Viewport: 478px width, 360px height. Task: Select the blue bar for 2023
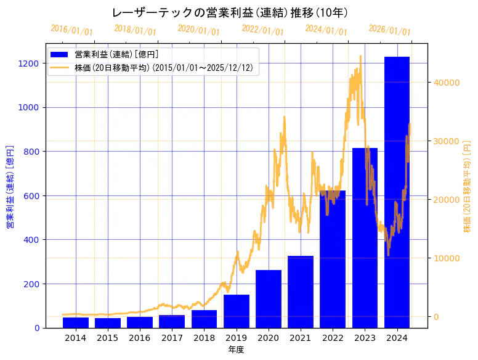(x=365, y=238)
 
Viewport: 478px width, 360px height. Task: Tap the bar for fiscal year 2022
(x=333, y=259)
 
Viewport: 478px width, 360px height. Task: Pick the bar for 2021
(x=301, y=292)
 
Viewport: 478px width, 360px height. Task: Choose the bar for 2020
(x=269, y=299)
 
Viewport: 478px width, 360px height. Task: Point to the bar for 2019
(x=237, y=311)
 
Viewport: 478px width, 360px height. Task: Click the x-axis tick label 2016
(x=140, y=338)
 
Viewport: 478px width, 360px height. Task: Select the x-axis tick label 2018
(x=204, y=338)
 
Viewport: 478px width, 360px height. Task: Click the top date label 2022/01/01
(x=262, y=30)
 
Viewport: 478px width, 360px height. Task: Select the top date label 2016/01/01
(x=72, y=30)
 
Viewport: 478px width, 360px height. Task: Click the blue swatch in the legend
(x=60, y=54)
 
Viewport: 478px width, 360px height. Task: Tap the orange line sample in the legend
(x=60, y=68)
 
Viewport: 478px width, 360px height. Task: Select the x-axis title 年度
(x=236, y=350)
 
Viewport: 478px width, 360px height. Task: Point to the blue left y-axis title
(x=10, y=187)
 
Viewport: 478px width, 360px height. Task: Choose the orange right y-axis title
(x=467, y=187)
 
